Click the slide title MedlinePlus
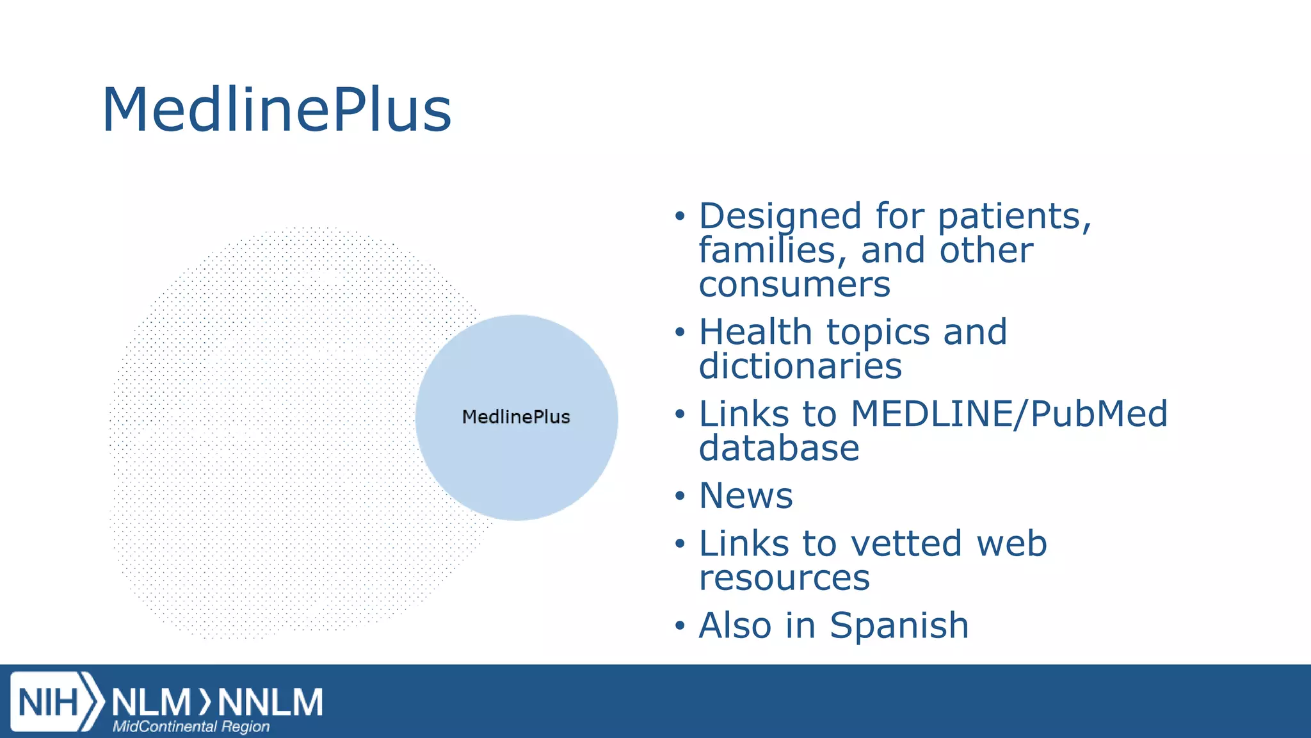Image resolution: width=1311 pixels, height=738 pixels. pyautogui.click(x=277, y=110)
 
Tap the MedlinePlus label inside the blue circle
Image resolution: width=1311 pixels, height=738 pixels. pyautogui.click(x=516, y=417)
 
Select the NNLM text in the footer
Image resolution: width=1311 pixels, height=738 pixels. pyautogui.click(x=270, y=702)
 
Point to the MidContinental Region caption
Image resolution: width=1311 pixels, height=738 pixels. pyautogui.click(x=191, y=726)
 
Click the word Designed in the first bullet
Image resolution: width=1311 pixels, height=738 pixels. pyautogui.click(x=780, y=217)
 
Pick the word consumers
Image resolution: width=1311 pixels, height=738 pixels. pyautogui.click(x=794, y=284)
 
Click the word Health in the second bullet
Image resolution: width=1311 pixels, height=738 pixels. pyautogui.click(x=755, y=332)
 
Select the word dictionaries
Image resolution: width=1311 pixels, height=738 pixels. pyautogui.click(x=800, y=366)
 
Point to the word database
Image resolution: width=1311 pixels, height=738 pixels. pyautogui.click(x=779, y=448)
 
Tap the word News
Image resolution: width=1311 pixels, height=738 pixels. pyautogui.click(x=746, y=496)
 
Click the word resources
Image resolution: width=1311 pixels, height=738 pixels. pyautogui.click(x=784, y=578)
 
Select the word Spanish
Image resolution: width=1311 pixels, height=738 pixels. pyautogui.click(x=899, y=625)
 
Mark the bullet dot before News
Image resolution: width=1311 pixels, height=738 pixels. pyautogui.click(x=680, y=496)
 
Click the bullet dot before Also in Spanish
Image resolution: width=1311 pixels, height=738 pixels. pyautogui.click(x=680, y=626)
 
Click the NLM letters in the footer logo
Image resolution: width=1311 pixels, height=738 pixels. pyautogui.click(x=151, y=702)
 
